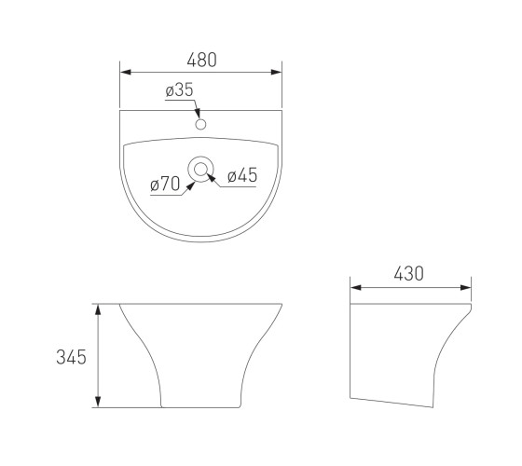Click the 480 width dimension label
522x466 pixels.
pos(201,60)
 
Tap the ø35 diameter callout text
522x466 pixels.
pos(179,89)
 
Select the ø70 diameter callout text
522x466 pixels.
pos(165,184)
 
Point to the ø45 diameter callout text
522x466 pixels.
pos(242,175)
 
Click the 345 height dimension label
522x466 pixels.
pos(71,357)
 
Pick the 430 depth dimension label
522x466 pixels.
pos(409,274)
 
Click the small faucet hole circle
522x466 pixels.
pos(200,125)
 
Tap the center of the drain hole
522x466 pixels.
pos(200,170)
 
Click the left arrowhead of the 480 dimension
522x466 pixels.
pos(126,72)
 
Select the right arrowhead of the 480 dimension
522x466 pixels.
pos(276,72)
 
